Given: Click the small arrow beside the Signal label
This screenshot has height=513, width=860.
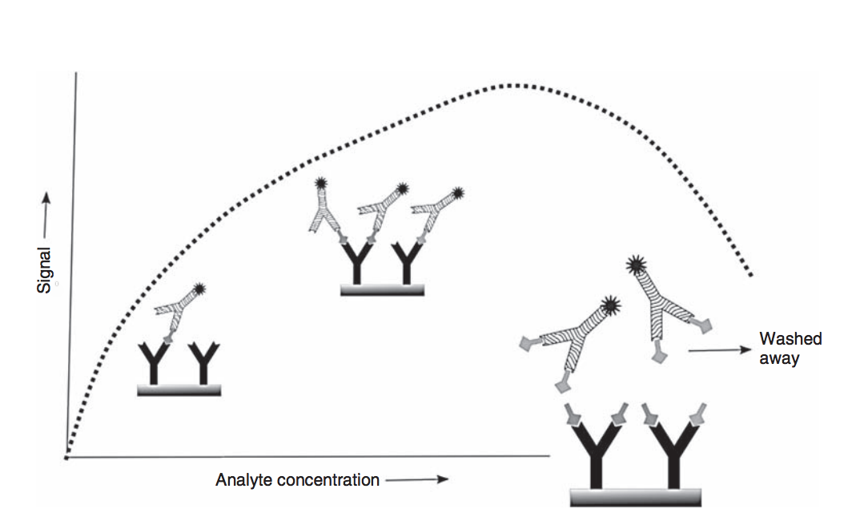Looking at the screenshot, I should pyautogui.click(x=46, y=208).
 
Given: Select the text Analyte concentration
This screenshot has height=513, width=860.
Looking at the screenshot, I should pyautogui.click(x=297, y=480).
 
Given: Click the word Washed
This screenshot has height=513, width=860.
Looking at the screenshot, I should pyautogui.click(x=790, y=338).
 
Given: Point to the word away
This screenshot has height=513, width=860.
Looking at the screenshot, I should pyautogui.click(x=779, y=358).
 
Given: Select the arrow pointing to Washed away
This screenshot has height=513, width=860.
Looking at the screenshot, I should pyautogui.click(x=718, y=349).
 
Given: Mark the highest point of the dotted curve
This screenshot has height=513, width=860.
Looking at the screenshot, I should pyautogui.click(x=509, y=84).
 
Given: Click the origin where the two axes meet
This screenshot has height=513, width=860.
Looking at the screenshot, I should pyautogui.click(x=66, y=457).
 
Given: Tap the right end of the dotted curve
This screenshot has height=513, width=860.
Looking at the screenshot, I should pyautogui.click(x=751, y=277).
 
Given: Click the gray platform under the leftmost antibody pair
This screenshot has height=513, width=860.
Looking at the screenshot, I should pyautogui.click(x=179, y=390).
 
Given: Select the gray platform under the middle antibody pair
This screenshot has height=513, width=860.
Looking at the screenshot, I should pyautogui.click(x=382, y=290).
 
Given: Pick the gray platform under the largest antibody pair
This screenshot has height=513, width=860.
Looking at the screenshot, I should pyautogui.click(x=635, y=497).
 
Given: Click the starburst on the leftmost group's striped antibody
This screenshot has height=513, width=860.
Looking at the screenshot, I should pyautogui.click(x=199, y=289).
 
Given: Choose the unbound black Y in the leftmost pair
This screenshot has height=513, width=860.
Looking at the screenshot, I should pyautogui.click(x=203, y=362).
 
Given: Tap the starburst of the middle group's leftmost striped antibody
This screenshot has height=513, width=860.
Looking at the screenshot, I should pyautogui.click(x=321, y=184).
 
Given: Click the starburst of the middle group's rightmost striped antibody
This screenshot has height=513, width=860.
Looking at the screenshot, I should pyautogui.click(x=457, y=193).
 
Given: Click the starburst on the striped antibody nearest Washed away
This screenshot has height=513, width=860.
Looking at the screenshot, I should pyautogui.click(x=636, y=262).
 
